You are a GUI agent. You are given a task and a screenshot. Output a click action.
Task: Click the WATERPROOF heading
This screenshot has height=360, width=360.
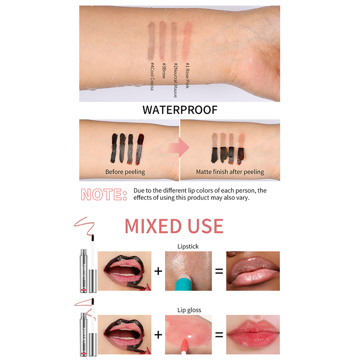(x=180, y=110)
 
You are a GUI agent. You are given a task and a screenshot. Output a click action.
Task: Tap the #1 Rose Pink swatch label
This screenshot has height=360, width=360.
(x=187, y=75)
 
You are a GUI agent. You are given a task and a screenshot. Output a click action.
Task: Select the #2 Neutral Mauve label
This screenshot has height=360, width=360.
(x=175, y=80)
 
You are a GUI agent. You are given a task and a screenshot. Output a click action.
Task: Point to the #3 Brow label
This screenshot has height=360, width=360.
(x=164, y=71)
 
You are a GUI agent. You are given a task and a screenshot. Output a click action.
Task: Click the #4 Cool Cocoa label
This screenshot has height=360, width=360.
(x=152, y=76)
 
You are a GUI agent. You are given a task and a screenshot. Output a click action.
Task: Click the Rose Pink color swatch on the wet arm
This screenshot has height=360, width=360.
(x=187, y=40)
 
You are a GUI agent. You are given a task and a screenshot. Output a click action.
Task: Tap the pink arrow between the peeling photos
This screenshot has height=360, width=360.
(x=179, y=148)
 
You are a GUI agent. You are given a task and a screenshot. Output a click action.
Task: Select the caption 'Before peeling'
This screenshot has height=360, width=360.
(x=125, y=172)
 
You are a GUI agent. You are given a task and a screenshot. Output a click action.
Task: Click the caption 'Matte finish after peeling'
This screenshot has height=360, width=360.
(x=230, y=172)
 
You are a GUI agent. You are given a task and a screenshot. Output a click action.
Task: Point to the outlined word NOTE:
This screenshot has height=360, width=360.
(x=104, y=194)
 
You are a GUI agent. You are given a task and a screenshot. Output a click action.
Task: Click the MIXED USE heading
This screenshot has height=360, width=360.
(x=174, y=226)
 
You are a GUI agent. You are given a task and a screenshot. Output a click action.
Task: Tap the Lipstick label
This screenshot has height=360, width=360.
(x=188, y=246)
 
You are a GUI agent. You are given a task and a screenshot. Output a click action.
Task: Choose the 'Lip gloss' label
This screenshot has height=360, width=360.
(x=189, y=310)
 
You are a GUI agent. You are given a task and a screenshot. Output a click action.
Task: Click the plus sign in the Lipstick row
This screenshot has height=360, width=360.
(x=158, y=271)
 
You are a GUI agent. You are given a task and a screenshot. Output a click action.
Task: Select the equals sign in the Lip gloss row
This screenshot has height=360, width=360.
(x=219, y=335)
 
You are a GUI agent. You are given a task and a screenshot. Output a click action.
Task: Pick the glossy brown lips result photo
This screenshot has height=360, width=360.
(x=253, y=271)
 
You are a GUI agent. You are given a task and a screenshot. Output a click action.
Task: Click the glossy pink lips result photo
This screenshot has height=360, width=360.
(x=253, y=334)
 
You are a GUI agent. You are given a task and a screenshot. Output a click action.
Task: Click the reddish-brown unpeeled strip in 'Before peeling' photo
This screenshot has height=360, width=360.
(x=139, y=149)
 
